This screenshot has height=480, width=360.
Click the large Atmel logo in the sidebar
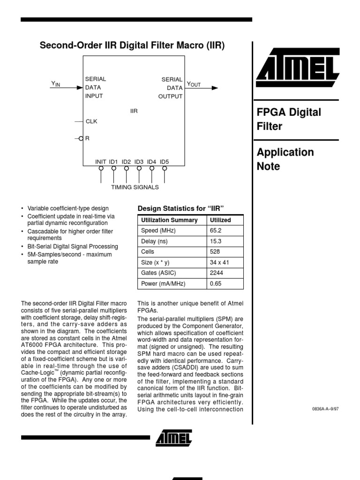pos(297,71)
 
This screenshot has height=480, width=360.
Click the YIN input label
pos(56,84)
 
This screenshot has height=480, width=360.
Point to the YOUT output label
pos(194,84)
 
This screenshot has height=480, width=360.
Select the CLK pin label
pos(91,121)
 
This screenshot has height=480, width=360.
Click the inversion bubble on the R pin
pos(81,138)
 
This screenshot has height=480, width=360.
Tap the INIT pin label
pos(101,162)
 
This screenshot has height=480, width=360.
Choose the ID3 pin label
pos(139,162)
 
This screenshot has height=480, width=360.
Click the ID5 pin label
pos(164,162)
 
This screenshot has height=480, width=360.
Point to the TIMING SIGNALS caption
pos(135,187)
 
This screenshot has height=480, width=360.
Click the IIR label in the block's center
pos(134,111)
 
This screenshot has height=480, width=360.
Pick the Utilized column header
pos(220,220)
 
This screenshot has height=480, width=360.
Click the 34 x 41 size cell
pos(219,262)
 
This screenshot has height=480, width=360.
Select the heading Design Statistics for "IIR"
pos(181,208)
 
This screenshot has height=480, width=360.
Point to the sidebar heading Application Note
pos(285,159)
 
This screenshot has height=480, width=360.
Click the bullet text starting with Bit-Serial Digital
pos(73,247)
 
